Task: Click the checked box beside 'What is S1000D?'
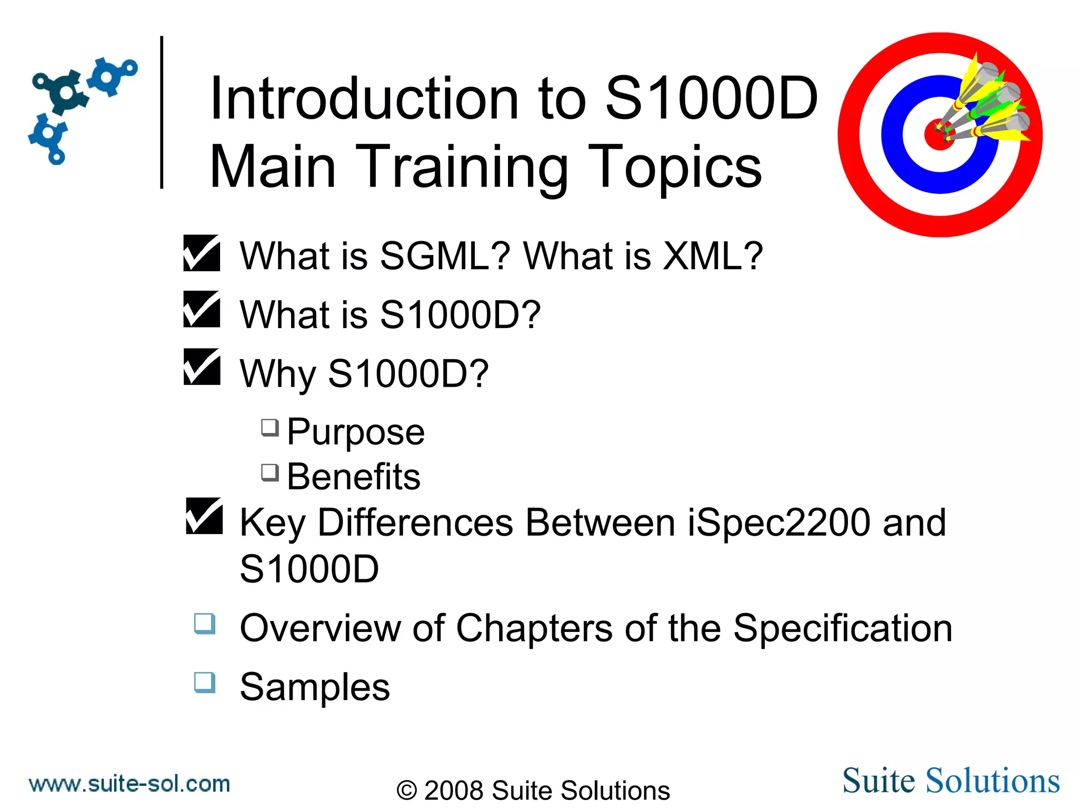pos(202,309)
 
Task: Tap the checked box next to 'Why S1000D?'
pos(202,367)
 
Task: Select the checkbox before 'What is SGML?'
pos(202,253)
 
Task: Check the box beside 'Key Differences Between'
pos(204,516)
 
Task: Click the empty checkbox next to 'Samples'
pos(205,682)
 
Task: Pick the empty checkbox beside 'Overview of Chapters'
pos(205,623)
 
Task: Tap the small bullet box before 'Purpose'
pos(270,427)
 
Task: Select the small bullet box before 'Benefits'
pos(270,472)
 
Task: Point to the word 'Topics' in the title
pos(674,167)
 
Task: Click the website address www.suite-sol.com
pos(129,784)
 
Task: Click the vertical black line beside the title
pos(162,112)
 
